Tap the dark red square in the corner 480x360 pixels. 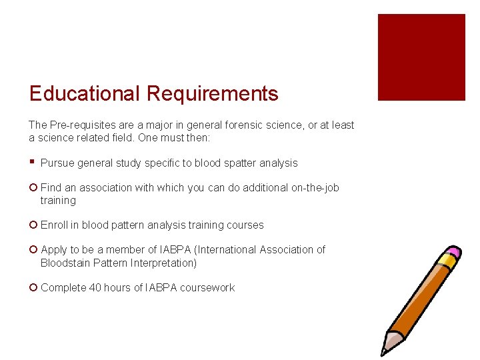(421, 57)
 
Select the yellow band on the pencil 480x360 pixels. (445, 262)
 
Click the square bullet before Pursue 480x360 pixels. (32, 161)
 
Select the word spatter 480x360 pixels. (233, 163)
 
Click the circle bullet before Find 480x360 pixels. (33, 188)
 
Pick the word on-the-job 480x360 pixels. (315, 187)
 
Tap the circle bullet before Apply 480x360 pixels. (33, 250)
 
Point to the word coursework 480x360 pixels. (207, 287)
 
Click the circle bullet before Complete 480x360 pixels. (33, 288)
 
